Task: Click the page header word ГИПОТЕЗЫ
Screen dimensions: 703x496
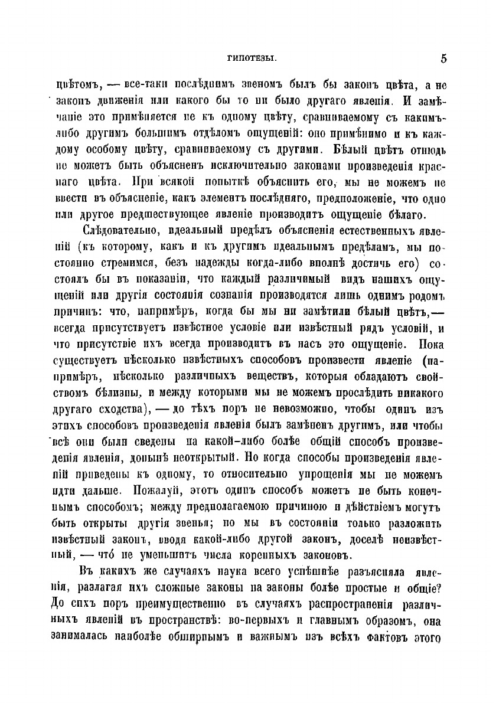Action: coord(248,58)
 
